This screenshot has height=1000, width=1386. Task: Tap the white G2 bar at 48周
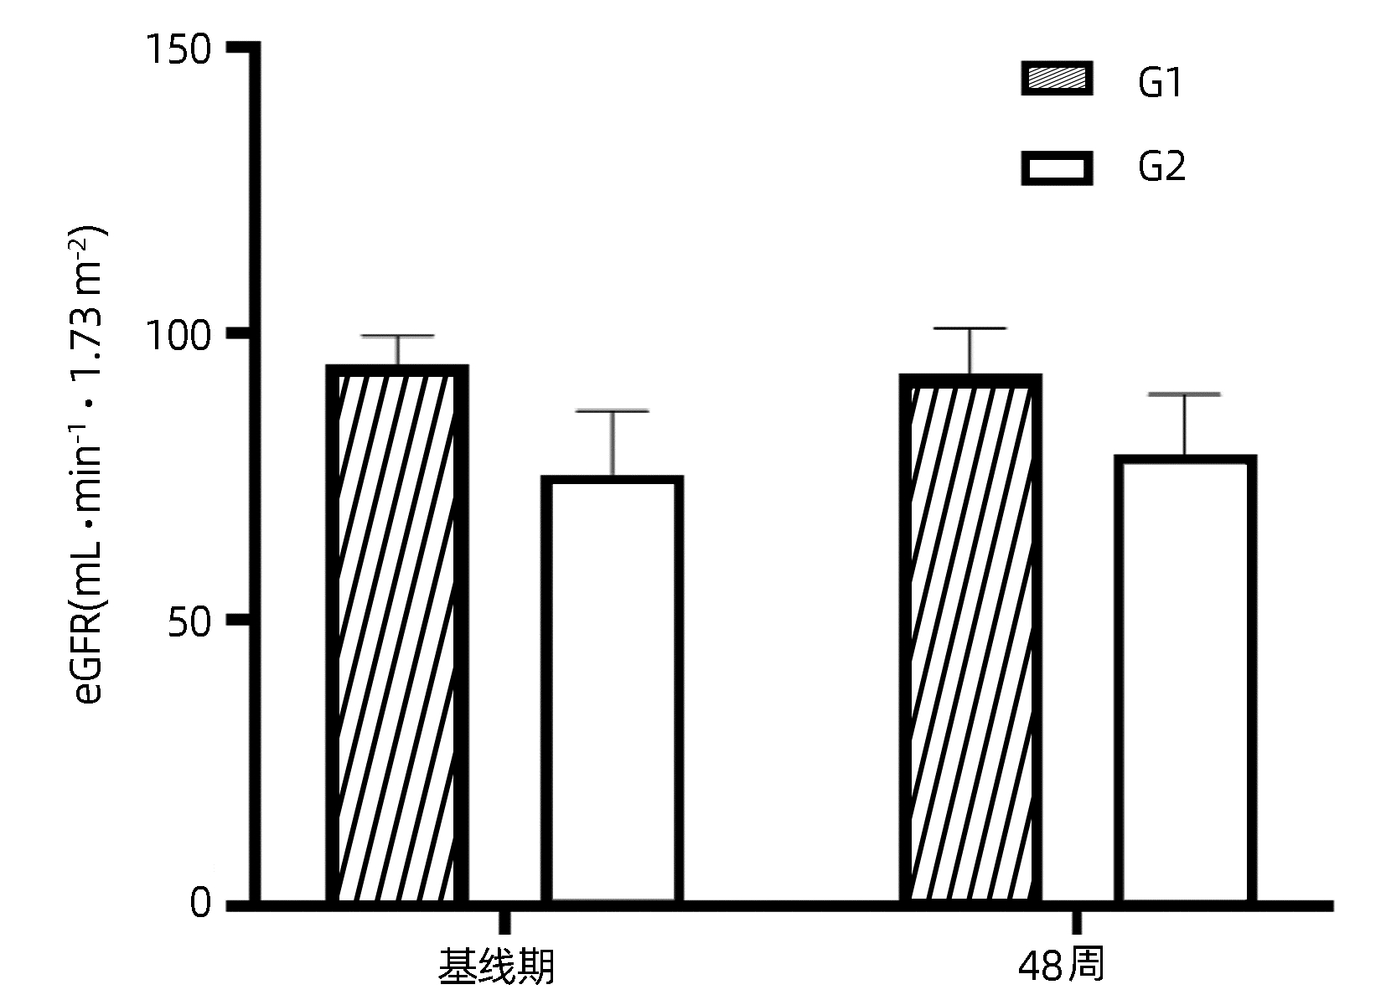[x=1185, y=679]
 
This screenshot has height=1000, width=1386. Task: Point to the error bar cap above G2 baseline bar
[x=612, y=411]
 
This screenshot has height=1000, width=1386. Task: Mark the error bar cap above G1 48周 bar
[x=970, y=329]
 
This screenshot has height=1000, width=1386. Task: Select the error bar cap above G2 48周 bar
[x=1185, y=394]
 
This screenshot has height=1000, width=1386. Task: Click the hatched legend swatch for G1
[x=1057, y=79]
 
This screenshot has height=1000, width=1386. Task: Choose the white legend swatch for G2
[x=1057, y=168]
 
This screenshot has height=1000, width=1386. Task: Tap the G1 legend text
[x=1160, y=83]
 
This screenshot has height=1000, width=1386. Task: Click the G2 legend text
[x=1161, y=168]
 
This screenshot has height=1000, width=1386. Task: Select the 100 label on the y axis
[x=177, y=338]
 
